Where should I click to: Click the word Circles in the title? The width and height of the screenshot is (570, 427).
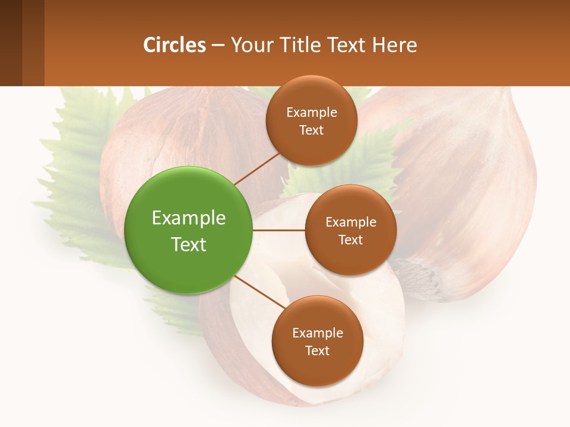click(174, 45)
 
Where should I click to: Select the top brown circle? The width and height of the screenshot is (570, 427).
click(311, 145)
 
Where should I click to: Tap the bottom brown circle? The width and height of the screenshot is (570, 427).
click(317, 368)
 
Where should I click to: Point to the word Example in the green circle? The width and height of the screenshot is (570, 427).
click(189, 218)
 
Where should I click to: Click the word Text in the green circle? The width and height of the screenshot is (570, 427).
click(189, 244)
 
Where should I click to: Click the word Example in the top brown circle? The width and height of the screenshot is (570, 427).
click(311, 113)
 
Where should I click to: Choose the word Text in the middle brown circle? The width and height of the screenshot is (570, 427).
click(350, 240)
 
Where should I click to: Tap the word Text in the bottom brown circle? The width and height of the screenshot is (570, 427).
click(317, 351)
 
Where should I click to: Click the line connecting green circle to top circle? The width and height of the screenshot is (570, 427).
click(256, 168)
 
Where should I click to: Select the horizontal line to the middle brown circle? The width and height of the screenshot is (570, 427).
click(279, 230)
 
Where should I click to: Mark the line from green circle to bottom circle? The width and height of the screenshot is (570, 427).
click(260, 292)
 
